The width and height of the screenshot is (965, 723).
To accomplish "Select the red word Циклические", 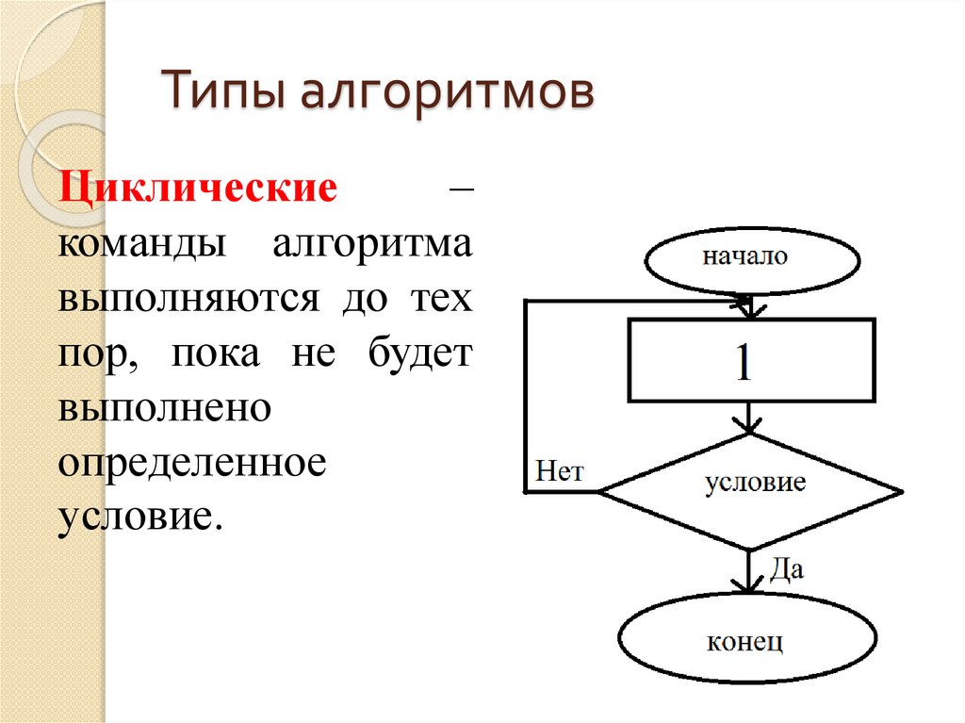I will [198, 187].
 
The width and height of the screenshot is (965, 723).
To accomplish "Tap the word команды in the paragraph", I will [142, 244].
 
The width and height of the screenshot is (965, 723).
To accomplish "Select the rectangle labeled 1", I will [750, 362].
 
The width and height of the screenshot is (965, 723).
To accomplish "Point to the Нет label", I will [560, 471].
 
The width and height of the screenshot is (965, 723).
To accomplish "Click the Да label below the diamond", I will [787, 568].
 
